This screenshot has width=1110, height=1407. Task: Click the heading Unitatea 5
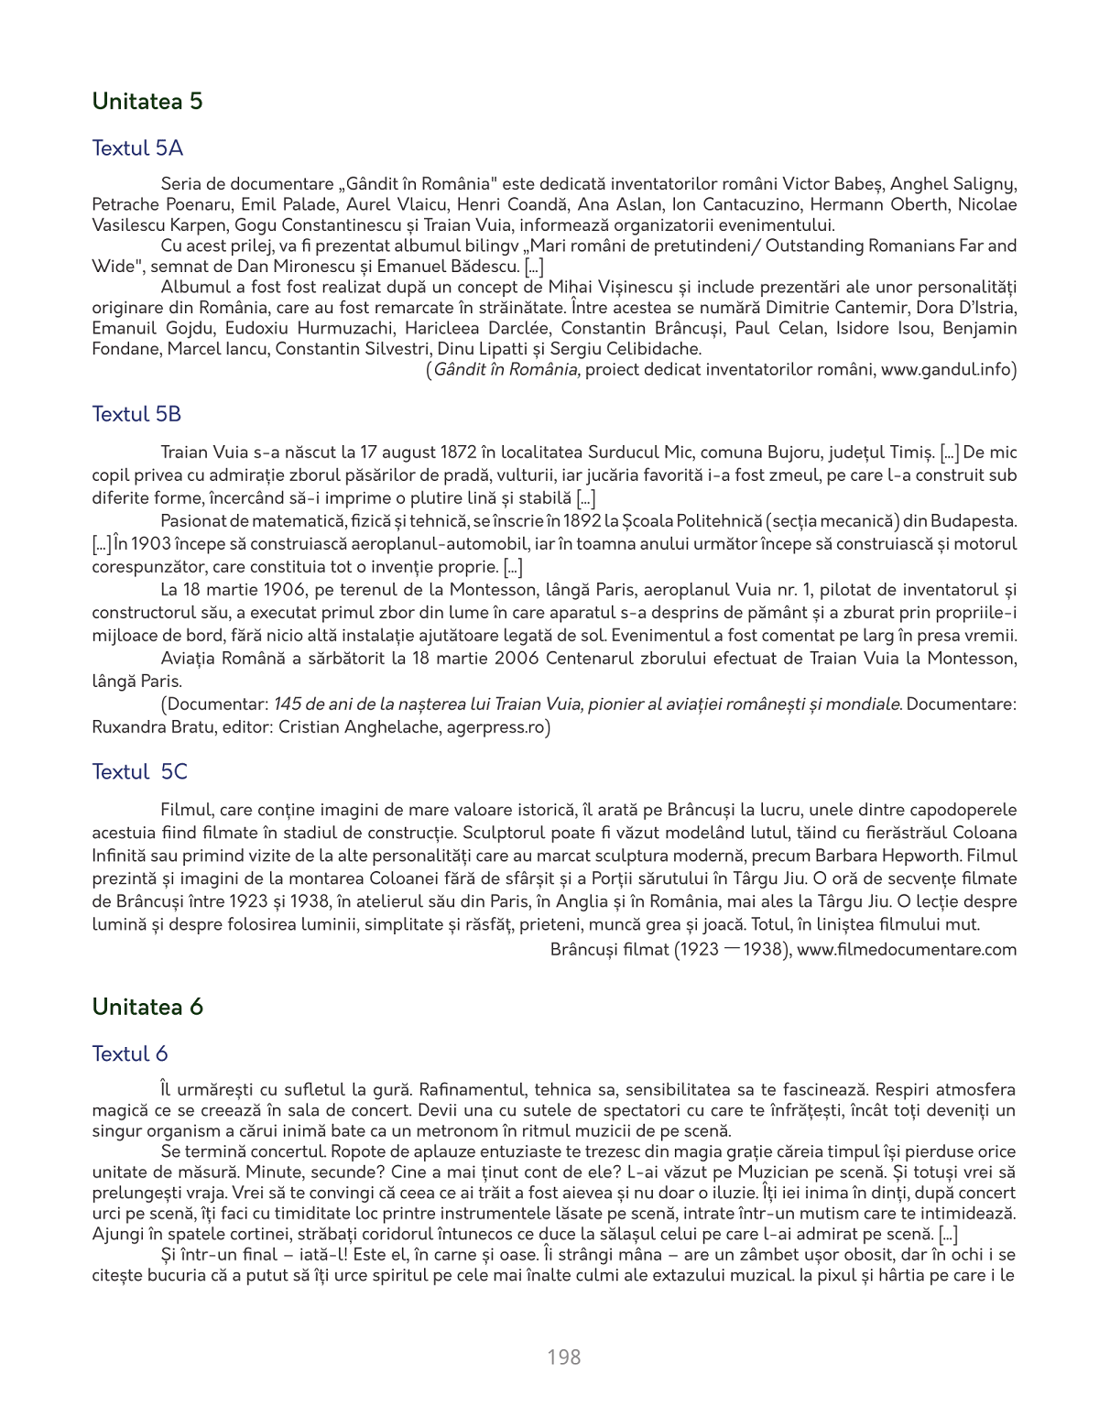click(147, 102)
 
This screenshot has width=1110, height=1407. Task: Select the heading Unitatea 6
click(147, 1008)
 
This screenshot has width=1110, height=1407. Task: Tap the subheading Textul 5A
click(137, 148)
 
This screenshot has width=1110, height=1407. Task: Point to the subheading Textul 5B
click(136, 414)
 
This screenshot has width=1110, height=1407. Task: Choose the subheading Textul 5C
click(139, 772)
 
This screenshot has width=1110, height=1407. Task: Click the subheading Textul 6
click(129, 1054)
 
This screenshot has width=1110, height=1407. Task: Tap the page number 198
click(563, 1358)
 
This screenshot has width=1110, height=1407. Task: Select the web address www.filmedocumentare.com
click(907, 949)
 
